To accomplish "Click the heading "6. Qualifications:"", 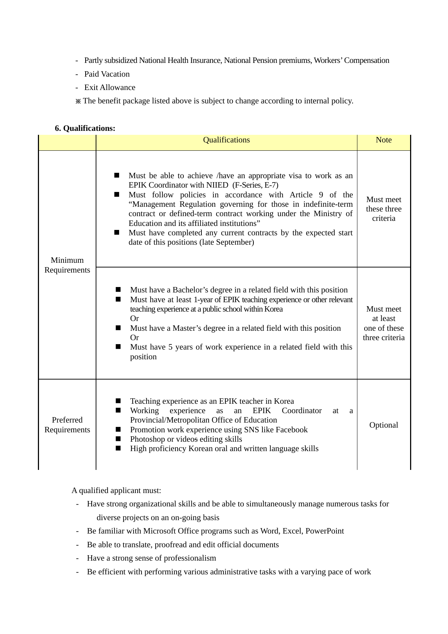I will pyautogui.click(x=85, y=128).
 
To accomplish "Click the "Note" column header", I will pyautogui.click(x=383, y=140).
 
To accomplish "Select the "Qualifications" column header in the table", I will pyautogui.click(x=226, y=140).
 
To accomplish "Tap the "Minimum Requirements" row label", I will pyautogui.click(x=67, y=265).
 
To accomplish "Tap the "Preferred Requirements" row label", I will pyautogui.click(x=67, y=425).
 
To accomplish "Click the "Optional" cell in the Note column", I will pyautogui.click(x=383, y=425).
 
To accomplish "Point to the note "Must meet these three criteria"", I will pyautogui.click(x=383, y=209).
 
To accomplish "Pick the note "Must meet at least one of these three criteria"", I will pyautogui.click(x=383, y=323).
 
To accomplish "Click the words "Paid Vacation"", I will pyautogui.click(x=107, y=74).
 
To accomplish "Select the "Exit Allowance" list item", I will pyautogui.click(x=110, y=87).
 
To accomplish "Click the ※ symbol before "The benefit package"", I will pyautogui.click(x=78, y=101).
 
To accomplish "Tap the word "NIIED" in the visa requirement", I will pyautogui.click(x=217, y=185).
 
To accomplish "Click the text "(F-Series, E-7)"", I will pyautogui.click(x=255, y=185).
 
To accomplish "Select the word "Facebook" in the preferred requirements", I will pyautogui.click(x=292, y=430).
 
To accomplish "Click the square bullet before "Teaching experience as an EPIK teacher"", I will pyautogui.click(x=118, y=401).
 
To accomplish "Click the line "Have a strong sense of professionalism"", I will pyautogui.click(x=151, y=558).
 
